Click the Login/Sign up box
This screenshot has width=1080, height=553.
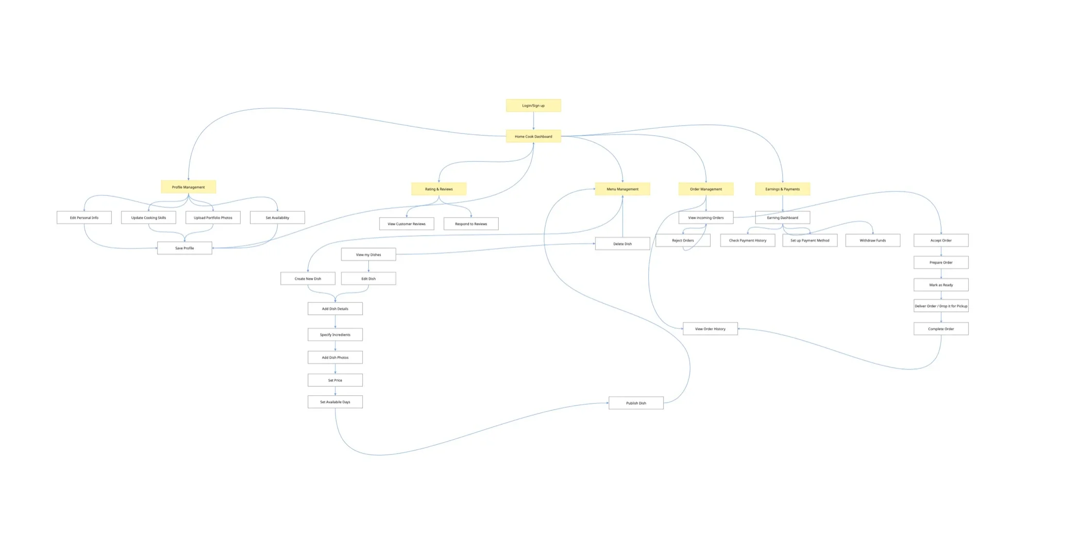[533, 106]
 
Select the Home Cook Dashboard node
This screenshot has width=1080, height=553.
[533, 137]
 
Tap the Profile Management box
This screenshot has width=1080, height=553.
[188, 187]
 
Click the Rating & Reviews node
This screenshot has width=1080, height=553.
[438, 189]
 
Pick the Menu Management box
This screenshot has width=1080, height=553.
[622, 189]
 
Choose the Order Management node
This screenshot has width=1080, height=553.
[706, 189]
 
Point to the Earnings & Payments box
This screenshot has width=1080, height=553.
[782, 189]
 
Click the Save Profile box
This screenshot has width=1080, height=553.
[184, 248]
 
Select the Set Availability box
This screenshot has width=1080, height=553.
[277, 217]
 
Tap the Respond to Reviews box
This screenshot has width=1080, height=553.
[471, 224]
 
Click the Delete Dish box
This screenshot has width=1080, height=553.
[622, 244]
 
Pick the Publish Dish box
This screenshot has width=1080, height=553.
[636, 403]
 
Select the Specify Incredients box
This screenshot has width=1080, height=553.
[335, 334]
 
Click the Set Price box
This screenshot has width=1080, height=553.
[335, 380]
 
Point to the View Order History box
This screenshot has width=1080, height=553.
[710, 329]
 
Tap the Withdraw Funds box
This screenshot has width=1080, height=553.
[872, 240]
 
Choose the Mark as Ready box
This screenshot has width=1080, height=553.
[941, 285]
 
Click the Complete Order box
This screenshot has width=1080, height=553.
[941, 329]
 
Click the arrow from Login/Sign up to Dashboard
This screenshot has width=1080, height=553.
[533, 121]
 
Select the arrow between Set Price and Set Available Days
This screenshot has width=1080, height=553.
[335, 391]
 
